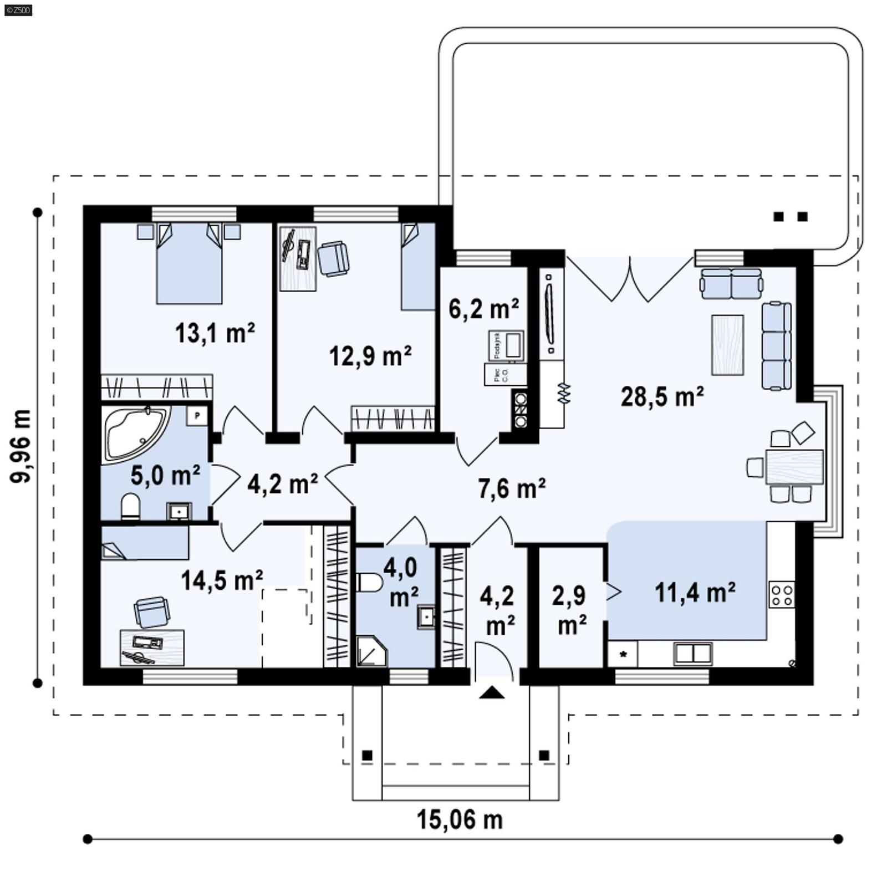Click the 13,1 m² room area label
[215, 333]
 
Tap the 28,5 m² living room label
[662, 397]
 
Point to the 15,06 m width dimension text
[460, 820]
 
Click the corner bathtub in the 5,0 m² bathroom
[135, 432]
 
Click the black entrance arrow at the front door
[491, 692]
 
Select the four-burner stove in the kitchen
[782, 594]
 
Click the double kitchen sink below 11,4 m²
[692, 654]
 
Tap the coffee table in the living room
[727, 345]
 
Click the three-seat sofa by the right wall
[776, 345]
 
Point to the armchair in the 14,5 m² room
[152, 612]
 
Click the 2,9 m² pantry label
[570, 610]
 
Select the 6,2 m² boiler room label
[483, 308]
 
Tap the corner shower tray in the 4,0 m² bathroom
[370, 652]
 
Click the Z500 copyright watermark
[18, 9]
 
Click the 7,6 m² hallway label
[511, 488]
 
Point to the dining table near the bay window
[794, 467]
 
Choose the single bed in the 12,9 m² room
[418, 267]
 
